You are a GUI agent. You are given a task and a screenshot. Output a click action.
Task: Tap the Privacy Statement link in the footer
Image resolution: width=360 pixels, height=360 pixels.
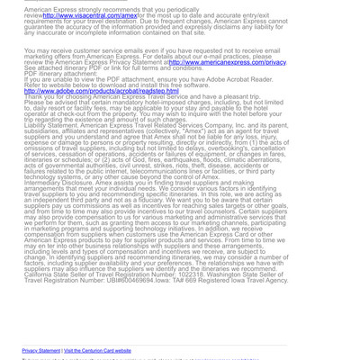point(41,350)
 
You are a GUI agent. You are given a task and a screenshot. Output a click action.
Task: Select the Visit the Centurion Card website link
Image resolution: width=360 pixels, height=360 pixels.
point(97,350)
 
